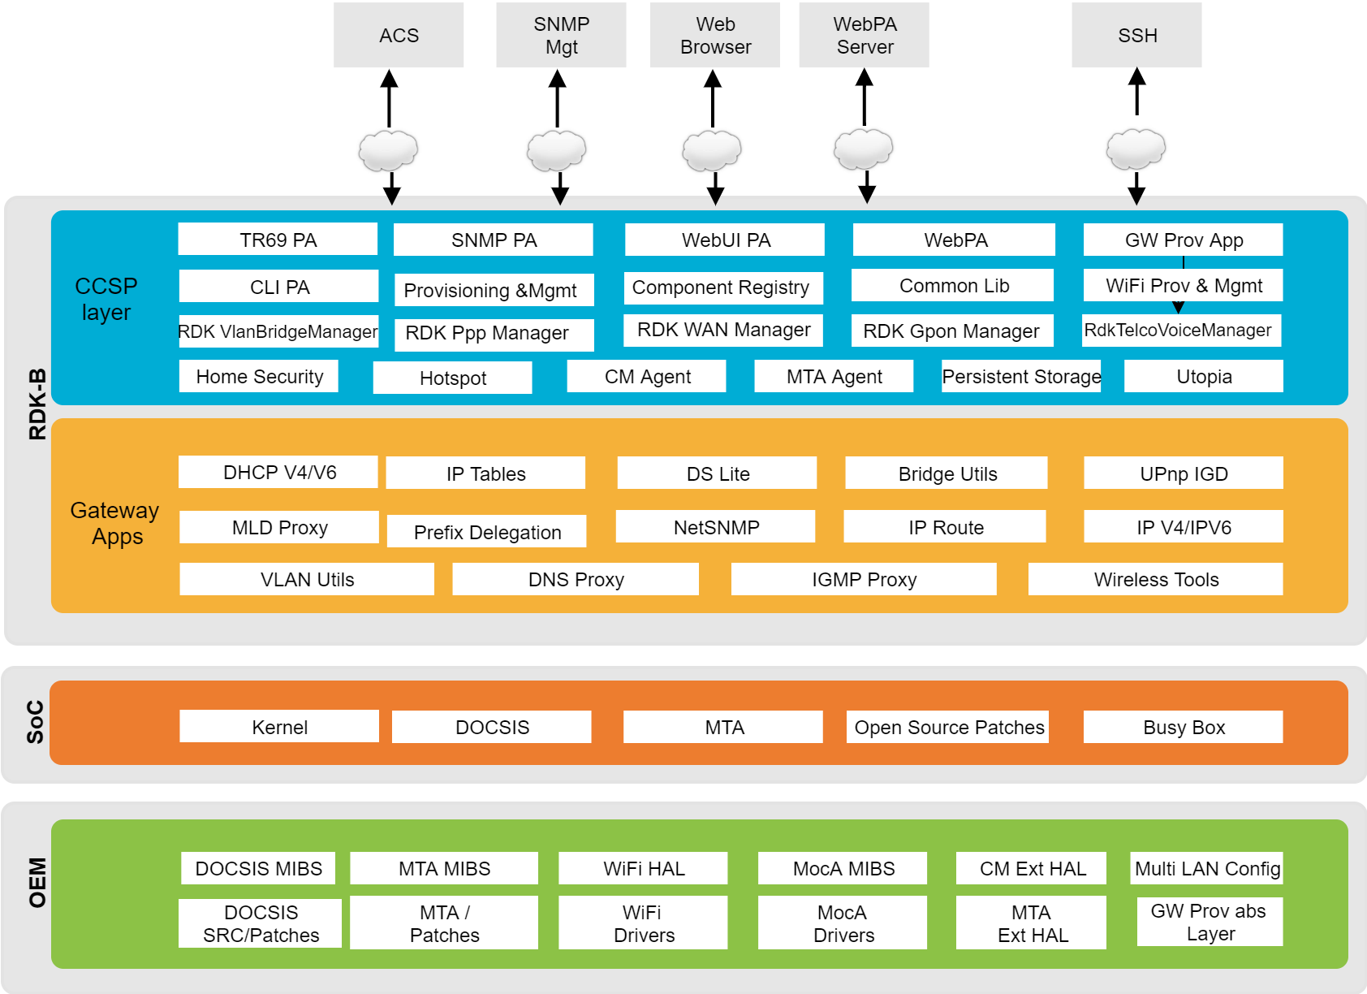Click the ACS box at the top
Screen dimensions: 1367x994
[x=399, y=35]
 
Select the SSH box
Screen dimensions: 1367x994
[x=1137, y=35]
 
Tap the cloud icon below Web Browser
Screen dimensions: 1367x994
[x=712, y=150]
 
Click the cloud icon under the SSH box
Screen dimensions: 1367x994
[x=1136, y=149]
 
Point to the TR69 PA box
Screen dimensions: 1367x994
[x=278, y=240]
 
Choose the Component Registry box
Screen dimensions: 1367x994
[x=724, y=287]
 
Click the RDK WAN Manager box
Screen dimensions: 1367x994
[x=723, y=331]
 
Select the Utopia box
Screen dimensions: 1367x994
[x=1204, y=376]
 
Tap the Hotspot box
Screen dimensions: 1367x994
[x=453, y=378]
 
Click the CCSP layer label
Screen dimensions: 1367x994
[x=106, y=299]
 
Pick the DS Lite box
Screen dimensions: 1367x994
[x=717, y=473]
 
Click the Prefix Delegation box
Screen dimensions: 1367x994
[x=487, y=532]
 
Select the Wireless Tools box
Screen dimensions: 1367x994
[x=1156, y=579]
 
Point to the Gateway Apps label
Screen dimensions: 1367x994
[x=114, y=523]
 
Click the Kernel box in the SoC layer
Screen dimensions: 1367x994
[x=279, y=727]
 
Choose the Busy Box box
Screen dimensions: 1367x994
[x=1184, y=727]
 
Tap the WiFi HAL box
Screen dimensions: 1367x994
[x=643, y=868]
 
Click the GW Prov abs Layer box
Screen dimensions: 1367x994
[x=1210, y=922]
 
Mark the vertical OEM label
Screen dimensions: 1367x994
[x=37, y=883]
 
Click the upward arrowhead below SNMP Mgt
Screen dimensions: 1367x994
[x=557, y=79]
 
